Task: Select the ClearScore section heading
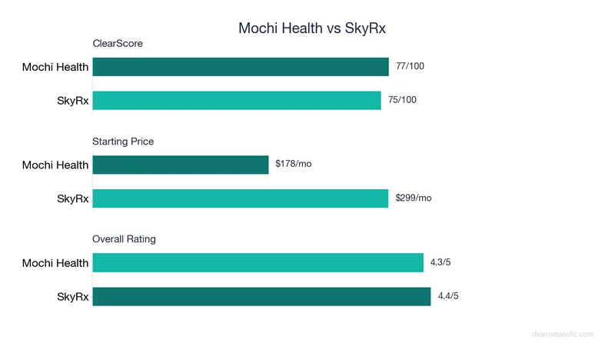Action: [x=118, y=44]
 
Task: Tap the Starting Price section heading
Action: [x=123, y=142]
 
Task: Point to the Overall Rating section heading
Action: [x=124, y=239]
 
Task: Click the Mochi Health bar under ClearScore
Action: [x=241, y=67]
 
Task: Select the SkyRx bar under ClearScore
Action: [x=237, y=101]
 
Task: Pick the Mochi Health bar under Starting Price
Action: [x=181, y=165]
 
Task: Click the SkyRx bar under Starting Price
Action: [x=241, y=198]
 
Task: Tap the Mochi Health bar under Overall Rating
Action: [x=258, y=262]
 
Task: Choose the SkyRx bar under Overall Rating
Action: [x=261, y=296]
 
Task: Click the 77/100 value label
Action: [x=410, y=66]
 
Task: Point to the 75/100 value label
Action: [x=402, y=100]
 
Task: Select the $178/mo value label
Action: [x=293, y=164]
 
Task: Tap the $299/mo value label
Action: [x=414, y=198]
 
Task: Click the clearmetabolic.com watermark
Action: [x=563, y=334]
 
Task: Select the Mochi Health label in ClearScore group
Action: [x=55, y=68]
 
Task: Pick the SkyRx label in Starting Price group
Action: [x=73, y=198]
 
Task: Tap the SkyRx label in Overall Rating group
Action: [x=73, y=296]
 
